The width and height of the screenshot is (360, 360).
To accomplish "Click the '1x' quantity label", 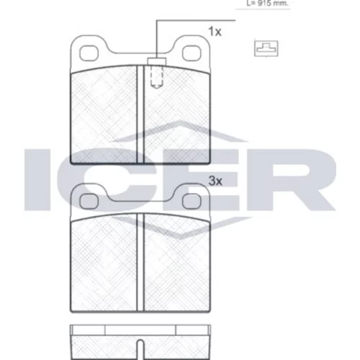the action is [x=215, y=32].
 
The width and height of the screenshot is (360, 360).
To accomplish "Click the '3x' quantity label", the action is [x=215, y=181].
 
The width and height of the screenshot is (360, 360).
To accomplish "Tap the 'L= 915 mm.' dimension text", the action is [x=267, y=4].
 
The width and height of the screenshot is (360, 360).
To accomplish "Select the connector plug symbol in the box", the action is [x=266, y=48].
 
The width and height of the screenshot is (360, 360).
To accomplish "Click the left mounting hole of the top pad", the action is [x=89, y=53].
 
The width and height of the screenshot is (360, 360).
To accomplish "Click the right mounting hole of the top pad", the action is [x=192, y=53].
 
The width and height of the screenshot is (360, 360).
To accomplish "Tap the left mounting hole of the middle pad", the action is [x=89, y=202].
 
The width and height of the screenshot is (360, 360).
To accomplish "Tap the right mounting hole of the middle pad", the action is [x=192, y=202].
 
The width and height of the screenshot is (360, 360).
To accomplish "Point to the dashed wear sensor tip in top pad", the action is [x=157, y=77].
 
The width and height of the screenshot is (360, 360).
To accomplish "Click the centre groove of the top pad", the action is [x=140, y=114].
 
